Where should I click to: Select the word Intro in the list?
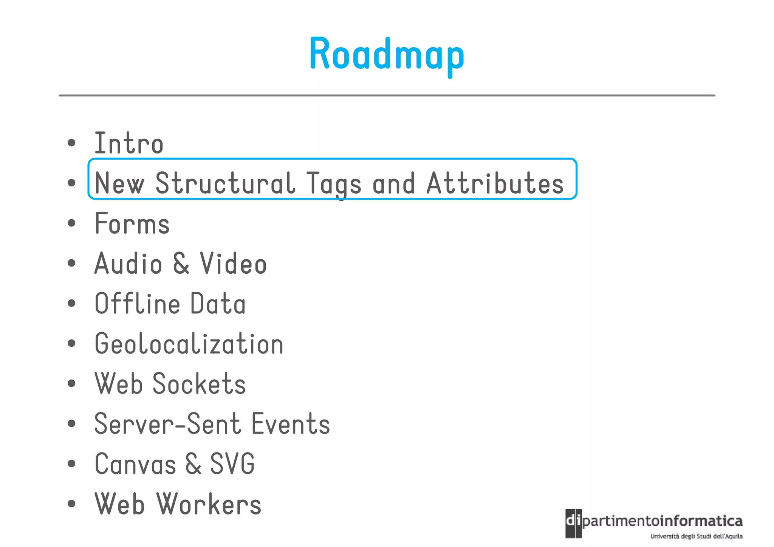coord(129,143)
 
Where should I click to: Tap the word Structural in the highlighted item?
coord(225,183)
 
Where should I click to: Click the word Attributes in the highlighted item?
coord(495,183)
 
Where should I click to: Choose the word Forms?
coord(132,223)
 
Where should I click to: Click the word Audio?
coord(128,263)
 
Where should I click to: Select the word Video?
coord(233,263)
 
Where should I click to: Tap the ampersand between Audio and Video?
coord(181,263)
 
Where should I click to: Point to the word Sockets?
coord(199,384)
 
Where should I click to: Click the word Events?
coord(291,424)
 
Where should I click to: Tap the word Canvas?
coord(135,464)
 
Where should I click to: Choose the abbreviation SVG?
coord(232,464)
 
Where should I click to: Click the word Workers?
coord(209,504)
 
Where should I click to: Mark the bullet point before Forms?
coord(71,223)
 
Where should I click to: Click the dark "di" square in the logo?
coord(573,523)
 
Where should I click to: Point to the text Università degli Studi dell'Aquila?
coord(696,536)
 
